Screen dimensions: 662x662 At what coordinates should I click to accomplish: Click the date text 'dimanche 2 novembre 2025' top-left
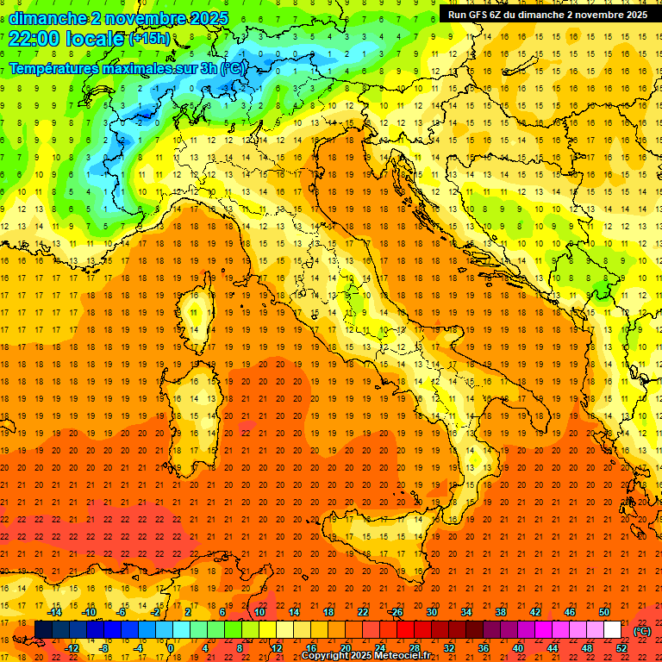(119, 18)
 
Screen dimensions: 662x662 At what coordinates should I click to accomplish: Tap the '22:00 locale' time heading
(66, 39)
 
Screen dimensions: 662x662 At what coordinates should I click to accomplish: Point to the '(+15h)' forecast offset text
(149, 39)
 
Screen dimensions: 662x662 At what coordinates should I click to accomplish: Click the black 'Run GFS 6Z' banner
(547, 15)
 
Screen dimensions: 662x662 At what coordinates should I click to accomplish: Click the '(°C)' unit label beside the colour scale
(641, 631)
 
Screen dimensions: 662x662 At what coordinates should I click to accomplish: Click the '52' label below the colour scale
(621, 647)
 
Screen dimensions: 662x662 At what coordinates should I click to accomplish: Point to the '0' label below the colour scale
(171, 647)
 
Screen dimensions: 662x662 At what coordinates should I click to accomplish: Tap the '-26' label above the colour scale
(396, 612)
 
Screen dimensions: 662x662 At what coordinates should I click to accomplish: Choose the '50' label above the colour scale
(604, 612)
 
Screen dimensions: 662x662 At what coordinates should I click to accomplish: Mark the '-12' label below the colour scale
(72, 647)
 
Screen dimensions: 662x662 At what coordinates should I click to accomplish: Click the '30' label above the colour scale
(431, 612)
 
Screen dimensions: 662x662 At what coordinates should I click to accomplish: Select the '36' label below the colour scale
(484, 647)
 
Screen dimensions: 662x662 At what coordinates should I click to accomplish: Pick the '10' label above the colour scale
(259, 612)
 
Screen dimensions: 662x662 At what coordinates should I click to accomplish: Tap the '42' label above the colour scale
(535, 612)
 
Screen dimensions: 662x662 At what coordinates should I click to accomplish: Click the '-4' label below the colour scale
(139, 647)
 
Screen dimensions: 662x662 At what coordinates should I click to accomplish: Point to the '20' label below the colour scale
(345, 647)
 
